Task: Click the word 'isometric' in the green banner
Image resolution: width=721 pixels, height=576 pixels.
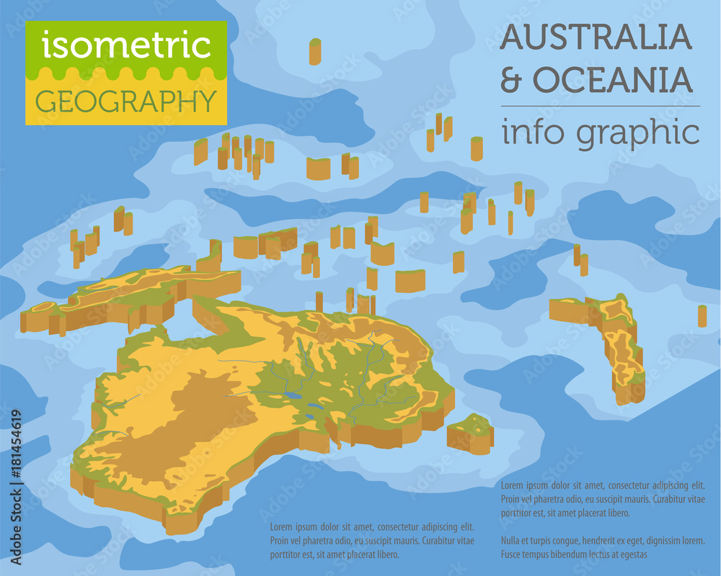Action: click(x=126, y=45)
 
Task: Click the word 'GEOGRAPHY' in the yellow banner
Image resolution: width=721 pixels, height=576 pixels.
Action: click(x=126, y=100)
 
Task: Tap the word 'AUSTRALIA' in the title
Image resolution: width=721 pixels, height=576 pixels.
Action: click(x=596, y=37)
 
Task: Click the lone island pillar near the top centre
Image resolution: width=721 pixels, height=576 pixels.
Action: click(x=315, y=51)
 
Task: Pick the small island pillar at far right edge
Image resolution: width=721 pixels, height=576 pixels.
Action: click(x=702, y=315)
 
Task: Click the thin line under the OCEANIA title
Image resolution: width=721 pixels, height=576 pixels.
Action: click(x=599, y=106)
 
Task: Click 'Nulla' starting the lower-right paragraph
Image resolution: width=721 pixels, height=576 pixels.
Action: click(x=512, y=539)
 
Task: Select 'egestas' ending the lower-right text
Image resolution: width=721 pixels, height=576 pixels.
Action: click(x=630, y=554)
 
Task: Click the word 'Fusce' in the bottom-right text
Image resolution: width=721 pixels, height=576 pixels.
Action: click(x=513, y=554)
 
